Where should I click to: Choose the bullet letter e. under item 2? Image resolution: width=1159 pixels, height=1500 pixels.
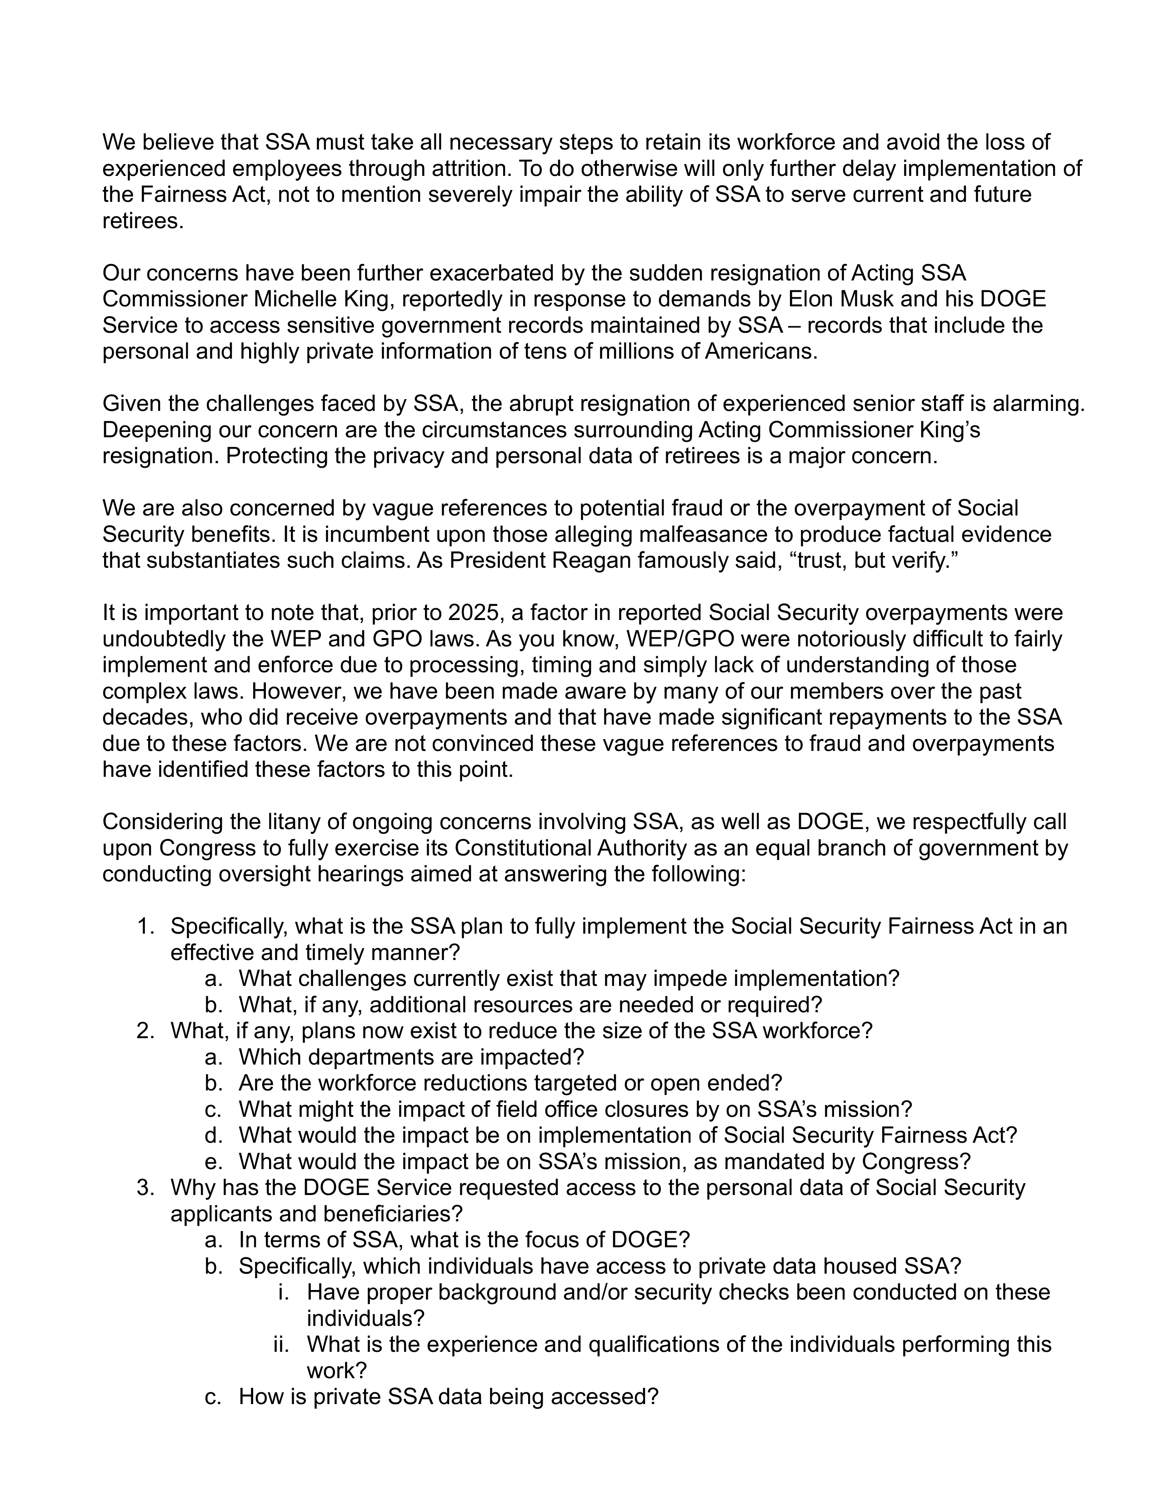tap(214, 1161)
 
